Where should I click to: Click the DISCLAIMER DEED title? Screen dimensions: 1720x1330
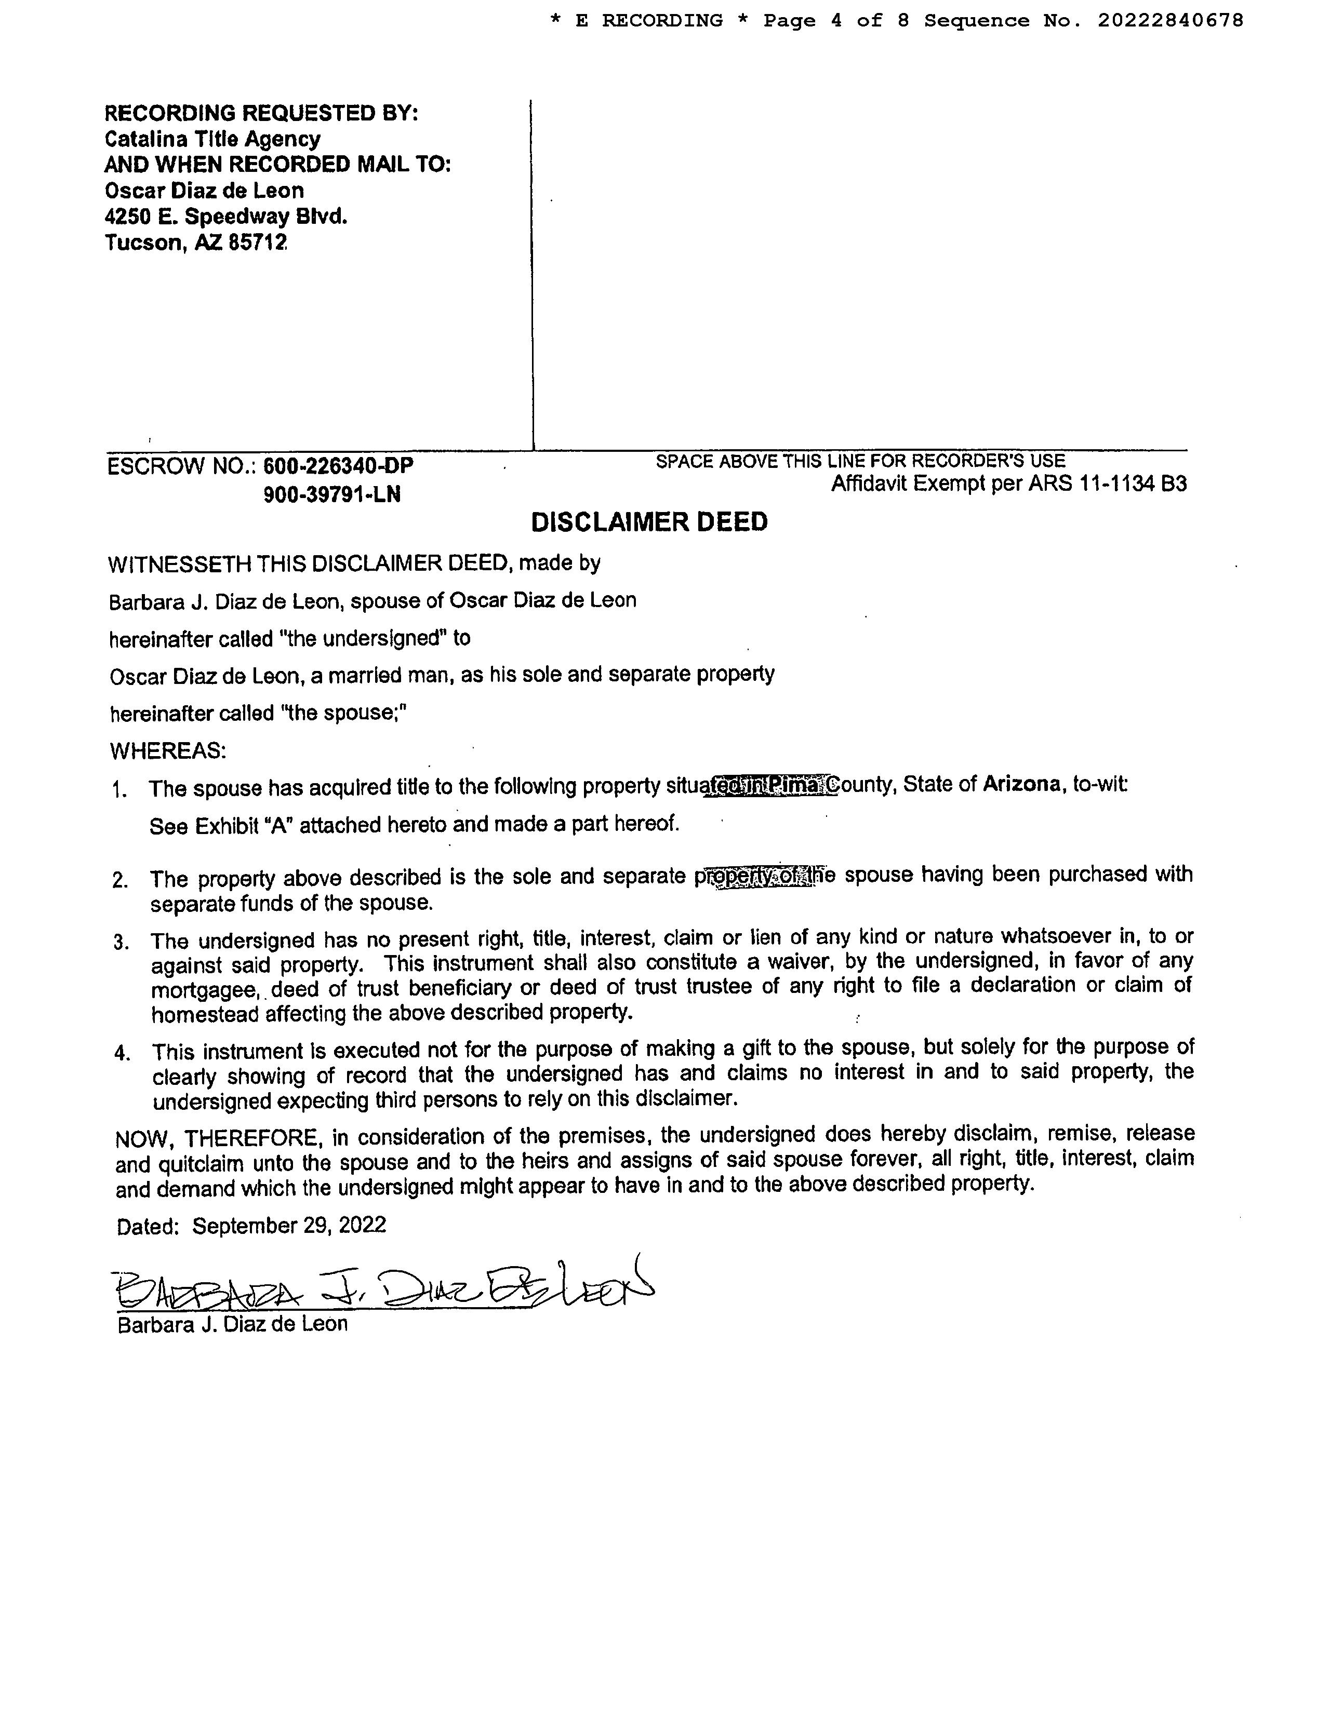click(649, 522)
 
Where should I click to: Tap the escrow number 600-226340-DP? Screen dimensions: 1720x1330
click(338, 466)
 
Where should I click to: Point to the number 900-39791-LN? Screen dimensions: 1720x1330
click(331, 494)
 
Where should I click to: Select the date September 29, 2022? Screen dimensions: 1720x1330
click(289, 1226)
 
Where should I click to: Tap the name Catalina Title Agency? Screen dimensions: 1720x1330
click(212, 139)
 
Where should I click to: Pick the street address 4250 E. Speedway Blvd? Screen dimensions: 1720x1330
click(226, 217)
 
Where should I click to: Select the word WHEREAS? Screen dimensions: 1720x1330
click(167, 750)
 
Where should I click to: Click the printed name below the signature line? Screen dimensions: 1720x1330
click(232, 1324)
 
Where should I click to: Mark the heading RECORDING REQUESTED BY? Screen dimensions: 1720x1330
click(262, 113)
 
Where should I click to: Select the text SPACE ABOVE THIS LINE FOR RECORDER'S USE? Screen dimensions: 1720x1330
click(860, 461)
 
